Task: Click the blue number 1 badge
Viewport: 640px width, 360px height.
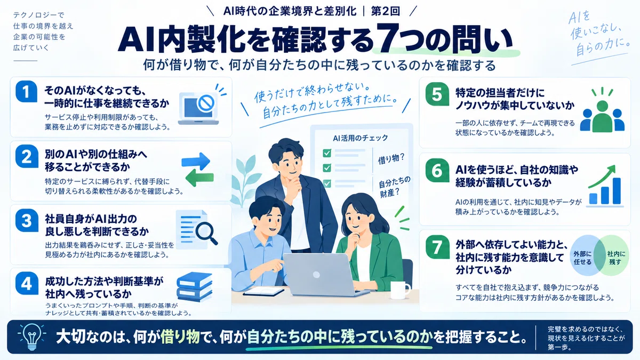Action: point(26,91)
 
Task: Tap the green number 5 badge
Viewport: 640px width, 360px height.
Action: point(437,94)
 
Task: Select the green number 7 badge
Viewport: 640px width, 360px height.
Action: point(437,247)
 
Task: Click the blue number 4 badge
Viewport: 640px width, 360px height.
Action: point(27,283)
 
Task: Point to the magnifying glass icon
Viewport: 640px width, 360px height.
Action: point(206,233)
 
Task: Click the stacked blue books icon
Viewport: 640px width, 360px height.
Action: point(195,286)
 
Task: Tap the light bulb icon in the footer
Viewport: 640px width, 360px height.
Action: point(31,337)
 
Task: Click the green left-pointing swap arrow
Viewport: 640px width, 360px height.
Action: point(199,177)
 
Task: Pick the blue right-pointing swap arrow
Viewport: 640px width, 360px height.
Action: point(196,162)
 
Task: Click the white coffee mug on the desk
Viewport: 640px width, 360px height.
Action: point(400,290)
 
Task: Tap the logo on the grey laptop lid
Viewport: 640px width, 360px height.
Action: point(316,275)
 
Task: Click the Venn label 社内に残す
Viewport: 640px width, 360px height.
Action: point(616,258)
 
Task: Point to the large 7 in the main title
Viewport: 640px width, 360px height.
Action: point(388,38)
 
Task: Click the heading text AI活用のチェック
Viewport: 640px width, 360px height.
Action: point(361,138)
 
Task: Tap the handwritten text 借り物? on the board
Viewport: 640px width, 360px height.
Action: point(391,159)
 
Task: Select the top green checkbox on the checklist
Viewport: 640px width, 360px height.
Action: point(327,153)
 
